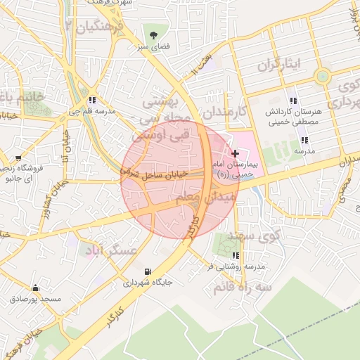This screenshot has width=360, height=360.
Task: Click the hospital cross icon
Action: click(x=234, y=153)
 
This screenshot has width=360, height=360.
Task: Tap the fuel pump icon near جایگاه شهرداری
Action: click(x=146, y=272)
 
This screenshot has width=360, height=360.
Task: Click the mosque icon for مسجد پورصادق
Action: click(x=35, y=288)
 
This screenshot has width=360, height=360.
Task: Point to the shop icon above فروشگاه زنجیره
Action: click(x=18, y=158)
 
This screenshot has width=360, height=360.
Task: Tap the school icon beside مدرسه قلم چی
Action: click(x=94, y=99)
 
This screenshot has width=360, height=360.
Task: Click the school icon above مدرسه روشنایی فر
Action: click(x=235, y=255)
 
